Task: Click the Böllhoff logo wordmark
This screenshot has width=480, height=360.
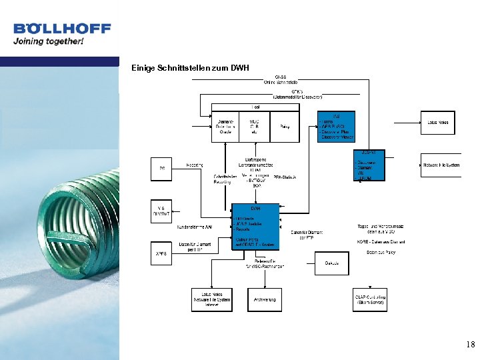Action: point(62,29)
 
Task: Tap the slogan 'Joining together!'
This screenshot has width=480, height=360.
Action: point(49,41)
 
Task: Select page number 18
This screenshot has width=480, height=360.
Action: point(471,345)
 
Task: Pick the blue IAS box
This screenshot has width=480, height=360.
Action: point(336,127)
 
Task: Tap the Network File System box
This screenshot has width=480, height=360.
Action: point(441,165)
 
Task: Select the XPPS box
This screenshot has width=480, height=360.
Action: point(161,254)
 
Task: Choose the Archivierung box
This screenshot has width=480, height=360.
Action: point(265,300)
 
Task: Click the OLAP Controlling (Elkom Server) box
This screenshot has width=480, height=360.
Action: point(370,299)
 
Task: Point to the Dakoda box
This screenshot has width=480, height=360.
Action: point(331,263)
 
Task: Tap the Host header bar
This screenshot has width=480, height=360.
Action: point(255,107)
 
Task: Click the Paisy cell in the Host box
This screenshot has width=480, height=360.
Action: point(285,126)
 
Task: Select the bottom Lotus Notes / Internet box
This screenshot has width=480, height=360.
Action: point(212,300)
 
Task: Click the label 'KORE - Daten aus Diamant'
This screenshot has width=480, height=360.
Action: point(381,242)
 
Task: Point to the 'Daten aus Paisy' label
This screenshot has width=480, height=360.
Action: point(381,253)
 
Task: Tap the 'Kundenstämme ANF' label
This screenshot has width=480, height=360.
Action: point(195,227)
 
